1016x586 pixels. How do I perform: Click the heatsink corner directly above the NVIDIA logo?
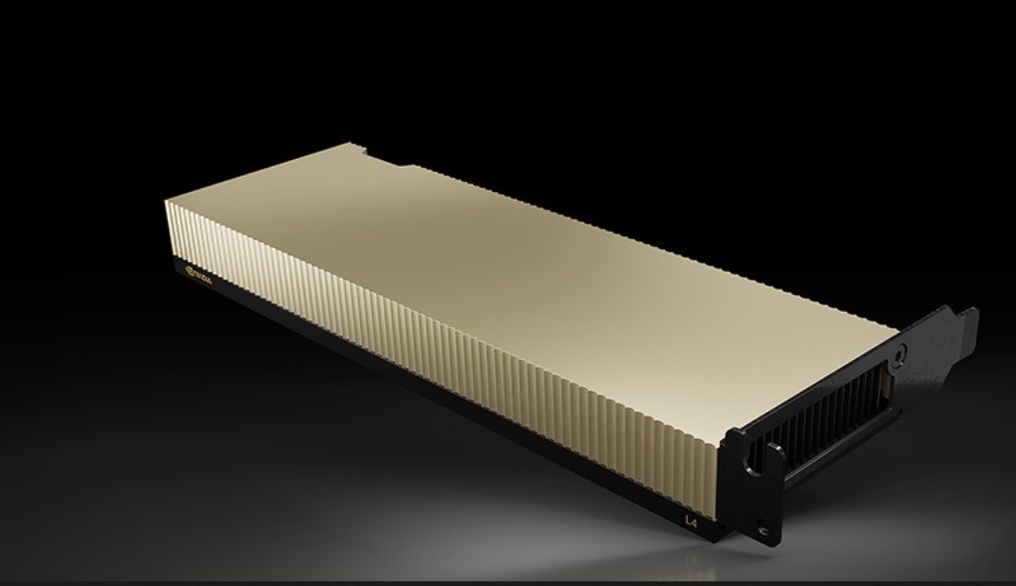pos(167,200)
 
